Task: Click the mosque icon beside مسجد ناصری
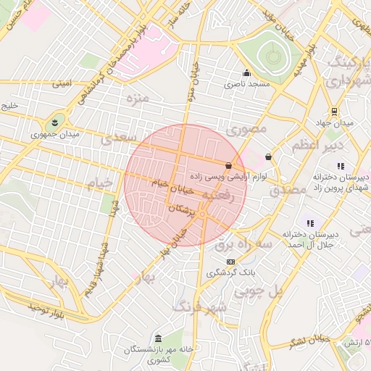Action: click(x=246, y=72)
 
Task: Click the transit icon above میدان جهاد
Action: click(x=334, y=111)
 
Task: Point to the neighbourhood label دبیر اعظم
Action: click(x=315, y=146)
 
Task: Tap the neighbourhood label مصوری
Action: click(x=247, y=129)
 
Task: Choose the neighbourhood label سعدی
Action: click(x=120, y=136)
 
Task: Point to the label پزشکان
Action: click(x=182, y=209)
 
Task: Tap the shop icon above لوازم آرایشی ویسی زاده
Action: click(x=229, y=165)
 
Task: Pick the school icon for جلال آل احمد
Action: click(x=310, y=223)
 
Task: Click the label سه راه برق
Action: click(x=243, y=245)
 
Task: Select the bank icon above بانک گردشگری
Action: click(x=230, y=262)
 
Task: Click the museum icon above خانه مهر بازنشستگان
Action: click(x=158, y=338)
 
